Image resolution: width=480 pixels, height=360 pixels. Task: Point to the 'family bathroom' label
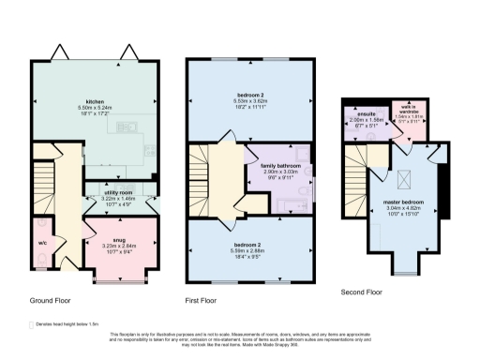click(279, 166)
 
